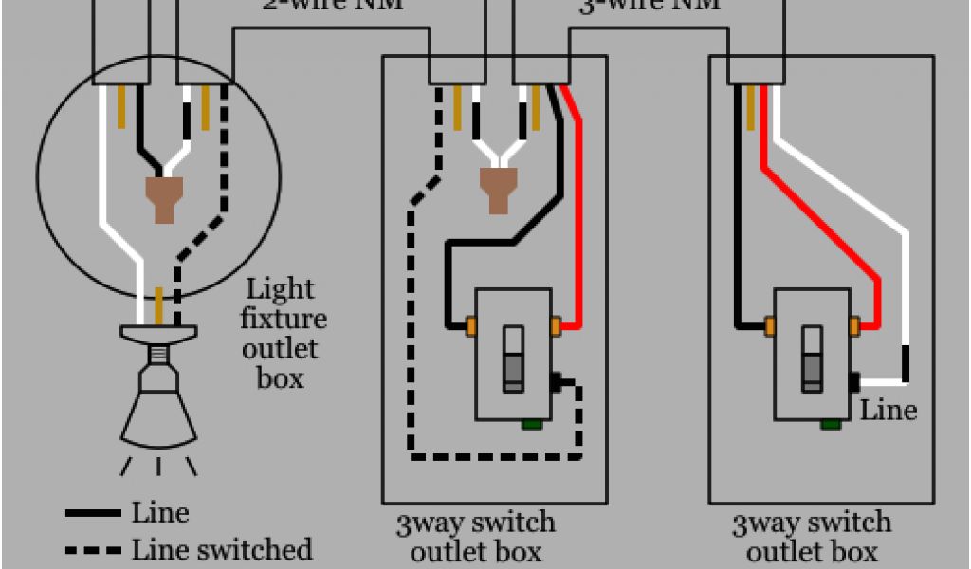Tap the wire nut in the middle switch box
click(497, 190)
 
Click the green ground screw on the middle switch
click(530, 423)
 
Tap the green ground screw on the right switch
click(830, 423)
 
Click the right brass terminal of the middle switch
click(557, 326)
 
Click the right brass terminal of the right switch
click(855, 326)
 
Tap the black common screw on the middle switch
click(557, 382)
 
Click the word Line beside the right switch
click(889, 411)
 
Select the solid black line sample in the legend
click(93, 514)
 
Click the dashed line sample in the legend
click(93, 550)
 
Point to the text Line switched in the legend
click(222, 549)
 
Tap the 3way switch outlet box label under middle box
click(476, 537)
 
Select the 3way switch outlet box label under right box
click(812, 537)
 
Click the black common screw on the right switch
click(855, 382)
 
